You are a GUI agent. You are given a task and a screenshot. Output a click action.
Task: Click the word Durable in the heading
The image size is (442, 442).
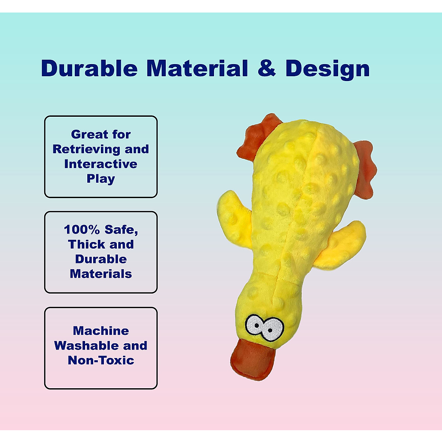click(x=90, y=68)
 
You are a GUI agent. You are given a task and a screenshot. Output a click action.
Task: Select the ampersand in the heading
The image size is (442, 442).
click(x=267, y=68)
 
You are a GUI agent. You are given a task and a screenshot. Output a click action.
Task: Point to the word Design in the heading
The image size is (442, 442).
click(x=327, y=70)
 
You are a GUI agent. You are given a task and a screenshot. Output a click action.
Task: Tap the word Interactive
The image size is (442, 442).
click(x=101, y=164)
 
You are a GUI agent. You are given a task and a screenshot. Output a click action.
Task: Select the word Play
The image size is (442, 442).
click(x=101, y=179)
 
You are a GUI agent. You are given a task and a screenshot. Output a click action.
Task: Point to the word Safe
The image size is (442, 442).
click(x=121, y=230)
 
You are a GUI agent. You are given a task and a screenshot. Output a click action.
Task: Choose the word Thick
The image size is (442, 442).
click(x=85, y=245)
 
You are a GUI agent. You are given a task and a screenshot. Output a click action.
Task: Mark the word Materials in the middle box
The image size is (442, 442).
click(x=101, y=274)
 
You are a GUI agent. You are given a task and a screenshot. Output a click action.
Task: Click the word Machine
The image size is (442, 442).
click(x=101, y=331)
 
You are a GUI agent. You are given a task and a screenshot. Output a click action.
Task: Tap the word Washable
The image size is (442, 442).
click(x=85, y=345)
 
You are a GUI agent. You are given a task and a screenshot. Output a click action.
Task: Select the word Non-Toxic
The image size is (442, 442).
click(x=101, y=360)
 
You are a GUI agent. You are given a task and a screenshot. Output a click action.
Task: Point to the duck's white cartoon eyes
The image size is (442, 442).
click(x=264, y=327)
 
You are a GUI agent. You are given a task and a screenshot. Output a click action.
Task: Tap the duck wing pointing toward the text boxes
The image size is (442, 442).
click(x=235, y=219)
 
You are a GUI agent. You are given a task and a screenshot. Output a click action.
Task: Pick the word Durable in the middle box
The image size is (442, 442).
click(x=101, y=259)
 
